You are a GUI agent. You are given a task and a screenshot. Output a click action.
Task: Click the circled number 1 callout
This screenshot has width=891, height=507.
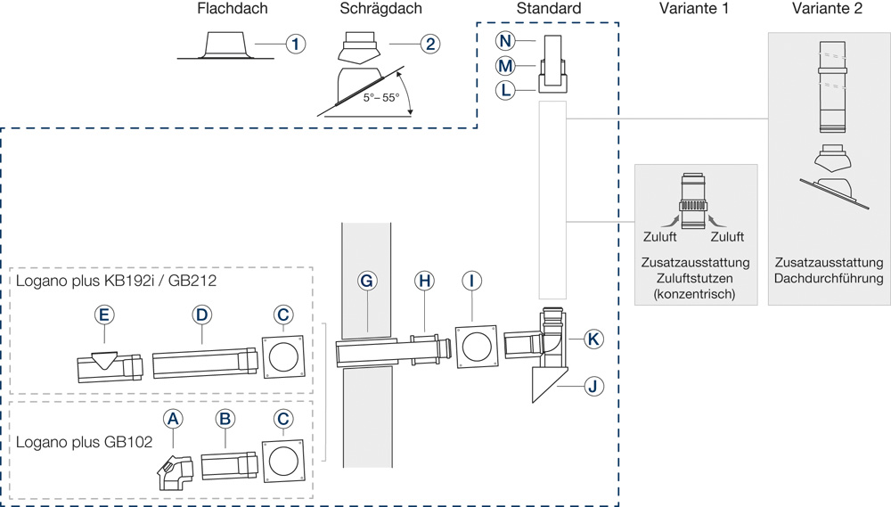click(295, 43)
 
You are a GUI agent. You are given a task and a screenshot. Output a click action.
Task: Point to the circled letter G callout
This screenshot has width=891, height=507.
click(366, 281)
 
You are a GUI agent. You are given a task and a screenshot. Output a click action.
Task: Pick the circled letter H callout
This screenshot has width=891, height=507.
click(425, 281)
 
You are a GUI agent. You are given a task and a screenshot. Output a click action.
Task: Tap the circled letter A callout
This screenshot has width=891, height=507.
click(173, 418)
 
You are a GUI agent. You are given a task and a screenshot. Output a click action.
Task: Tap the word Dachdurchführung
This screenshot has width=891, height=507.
click(829, 279)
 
